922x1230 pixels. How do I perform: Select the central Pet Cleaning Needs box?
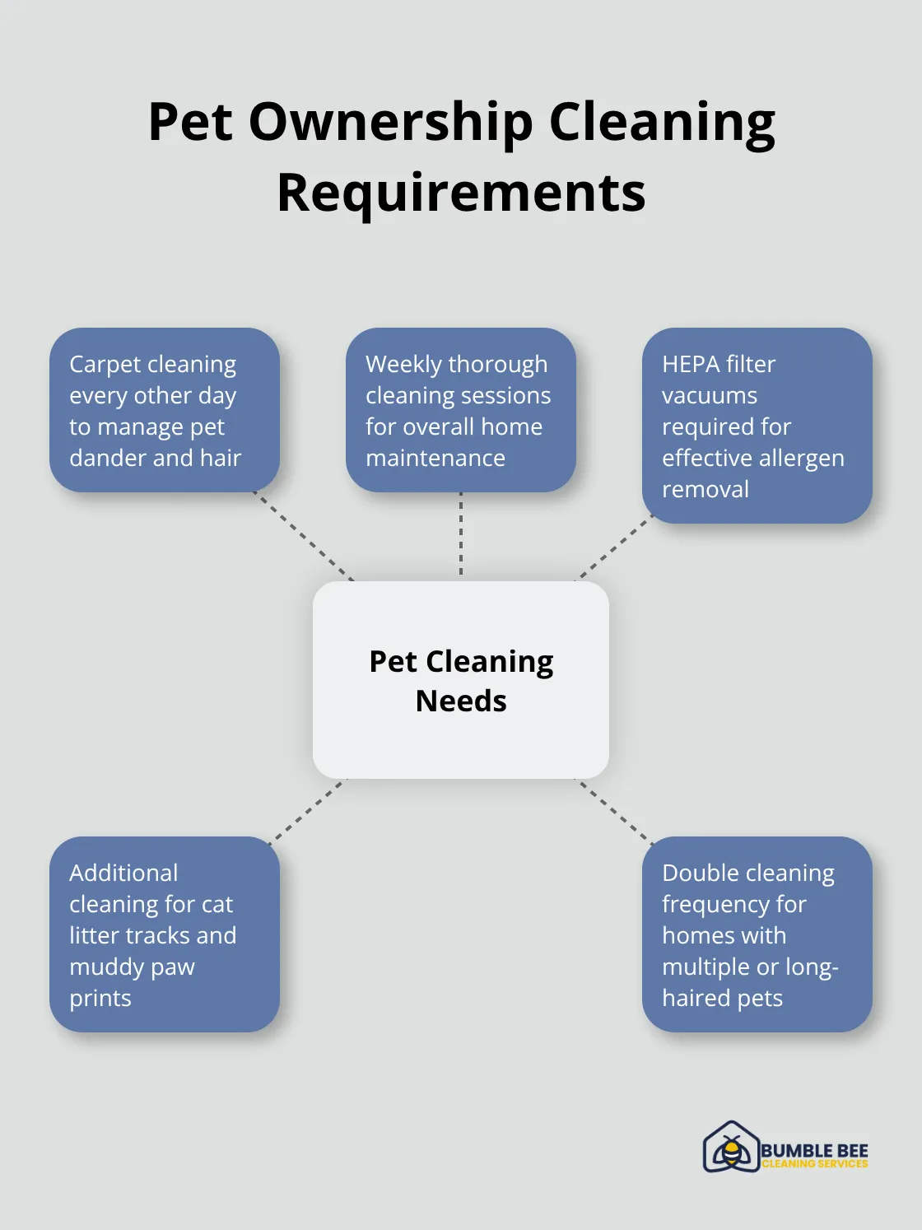tap(461, 680)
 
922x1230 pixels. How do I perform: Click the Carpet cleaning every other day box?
tap(165, 410)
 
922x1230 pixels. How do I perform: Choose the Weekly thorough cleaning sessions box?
tap(461, 410)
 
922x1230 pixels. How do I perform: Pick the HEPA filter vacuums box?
tap(757, 426)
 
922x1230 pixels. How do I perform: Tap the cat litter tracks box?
tap(165, 934)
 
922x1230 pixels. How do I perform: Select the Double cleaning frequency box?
tap(757, 934)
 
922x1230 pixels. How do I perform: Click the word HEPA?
tap(687, 364)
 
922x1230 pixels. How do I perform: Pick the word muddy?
tap(100, 967)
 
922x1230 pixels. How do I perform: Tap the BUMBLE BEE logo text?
tap(814, 1150)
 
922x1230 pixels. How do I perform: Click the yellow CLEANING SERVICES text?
tap(814, 1164)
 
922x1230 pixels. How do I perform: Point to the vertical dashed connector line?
tap(461, 534)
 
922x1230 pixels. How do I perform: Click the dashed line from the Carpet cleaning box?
tap(303, 535)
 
